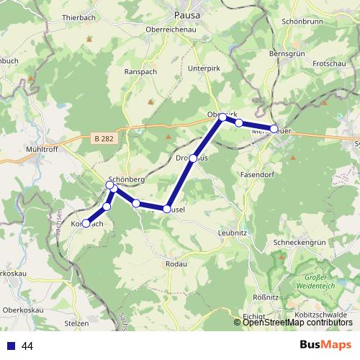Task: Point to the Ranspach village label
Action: (x=140, y=72)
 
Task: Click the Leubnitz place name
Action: (x=234, y=233)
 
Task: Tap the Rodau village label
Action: (x=176, y=264)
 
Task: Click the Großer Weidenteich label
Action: (x=321, y=282)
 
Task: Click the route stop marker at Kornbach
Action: (x=86, y=223)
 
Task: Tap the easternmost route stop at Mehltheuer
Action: (x=274, y=129)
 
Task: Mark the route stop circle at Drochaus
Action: (x=193, y=158)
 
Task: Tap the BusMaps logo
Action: (x=325, y=345)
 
